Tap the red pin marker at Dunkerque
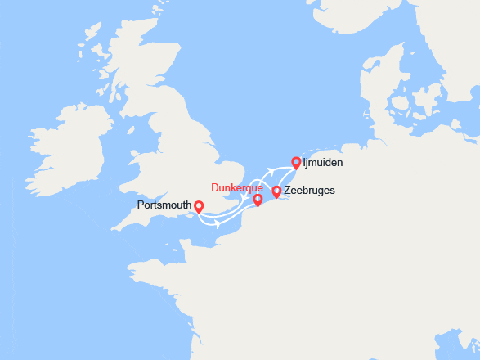[x=258, y=200]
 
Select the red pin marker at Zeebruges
[x=276, y=191]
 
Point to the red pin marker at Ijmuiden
[x=296, y=163]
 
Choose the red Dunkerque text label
[x=237, y=187]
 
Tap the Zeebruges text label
[x=309, y=191]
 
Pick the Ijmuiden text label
[x=322, y=163]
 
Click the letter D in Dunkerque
[x=215, y=187]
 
